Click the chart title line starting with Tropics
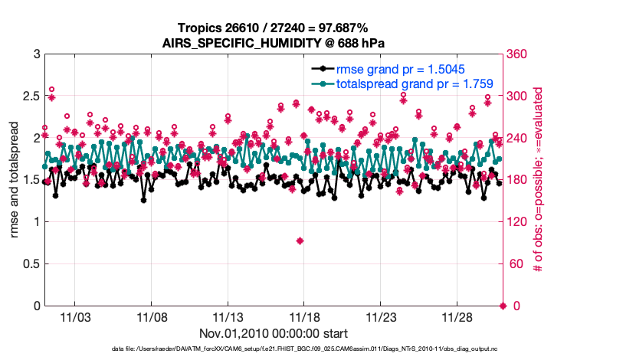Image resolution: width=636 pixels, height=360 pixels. click(x=274, y=28)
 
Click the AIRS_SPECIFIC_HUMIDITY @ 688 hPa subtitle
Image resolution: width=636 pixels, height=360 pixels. click(x=274, y=43)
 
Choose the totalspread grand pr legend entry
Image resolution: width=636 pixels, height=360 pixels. click(x=414, y=83)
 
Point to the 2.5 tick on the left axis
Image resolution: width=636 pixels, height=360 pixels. click(x=31, y=97)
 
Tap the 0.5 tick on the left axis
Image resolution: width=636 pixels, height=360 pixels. click(x=31, y=264)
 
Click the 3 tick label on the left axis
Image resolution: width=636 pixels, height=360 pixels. click(x=35, y=54)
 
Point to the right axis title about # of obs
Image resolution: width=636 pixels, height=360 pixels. click(x=539, y=180)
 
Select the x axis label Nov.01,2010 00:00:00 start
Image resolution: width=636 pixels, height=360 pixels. click(x=274, y=333)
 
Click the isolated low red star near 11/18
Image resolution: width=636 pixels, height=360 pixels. click(x=300, y=241)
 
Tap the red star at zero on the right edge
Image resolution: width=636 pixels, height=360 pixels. click(x=503, y=306)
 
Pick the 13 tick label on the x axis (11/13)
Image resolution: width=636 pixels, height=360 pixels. click(x=228, y=317)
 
